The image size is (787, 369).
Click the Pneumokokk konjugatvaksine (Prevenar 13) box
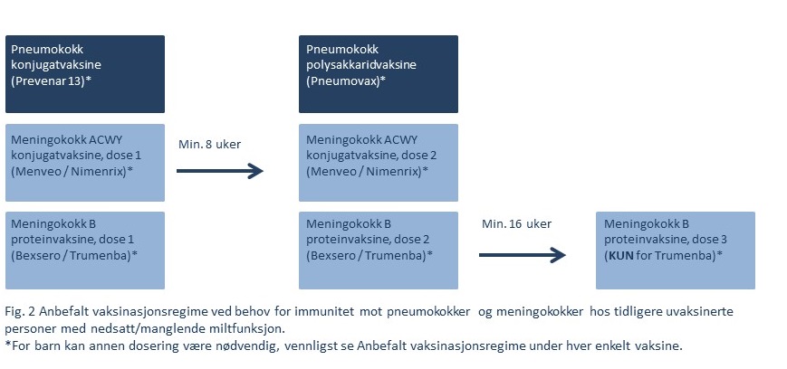tap(85, 74)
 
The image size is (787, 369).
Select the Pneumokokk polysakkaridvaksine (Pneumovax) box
tap(378, 74)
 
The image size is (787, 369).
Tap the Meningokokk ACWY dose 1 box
tap(85, 163)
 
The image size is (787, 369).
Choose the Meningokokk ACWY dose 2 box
tap(378, 163)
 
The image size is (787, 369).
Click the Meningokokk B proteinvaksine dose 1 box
tap(85, 250)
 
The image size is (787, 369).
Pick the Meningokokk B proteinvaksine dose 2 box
tap(378, 250)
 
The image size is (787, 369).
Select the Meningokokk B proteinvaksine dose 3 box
tap(675, 250)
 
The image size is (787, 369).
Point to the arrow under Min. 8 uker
tap(219, 170)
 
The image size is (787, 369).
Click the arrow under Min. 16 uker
tap(522, 255)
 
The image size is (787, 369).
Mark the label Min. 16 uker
tap(516, 223)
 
